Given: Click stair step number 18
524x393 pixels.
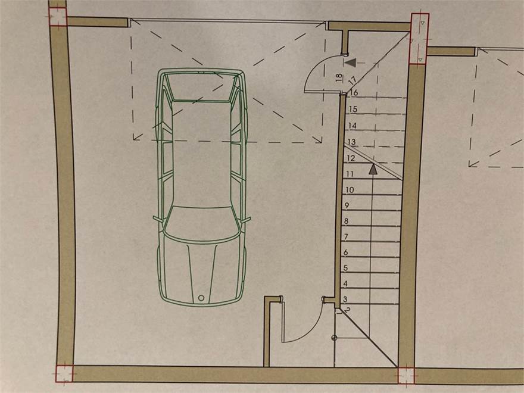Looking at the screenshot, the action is (339, 78).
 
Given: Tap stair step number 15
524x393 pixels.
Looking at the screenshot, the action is (353, 109).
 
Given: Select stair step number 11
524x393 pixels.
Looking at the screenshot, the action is (350, 174).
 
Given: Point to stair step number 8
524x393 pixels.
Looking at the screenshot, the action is (346, 221).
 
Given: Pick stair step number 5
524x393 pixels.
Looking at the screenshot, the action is (345, 268).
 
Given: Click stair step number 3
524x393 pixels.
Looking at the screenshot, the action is (345, 299).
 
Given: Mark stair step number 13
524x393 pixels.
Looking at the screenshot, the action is (351, 142).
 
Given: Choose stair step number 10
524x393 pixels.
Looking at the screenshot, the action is (350, 190).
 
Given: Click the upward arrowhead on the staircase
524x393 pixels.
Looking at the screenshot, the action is (373, 169).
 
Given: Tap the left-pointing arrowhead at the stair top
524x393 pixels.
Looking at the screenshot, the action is (350, 63).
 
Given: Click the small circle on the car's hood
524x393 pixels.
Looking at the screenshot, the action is (201, 297).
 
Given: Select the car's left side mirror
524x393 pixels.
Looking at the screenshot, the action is (158, 219).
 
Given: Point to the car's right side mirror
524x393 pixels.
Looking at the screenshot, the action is (245, 220).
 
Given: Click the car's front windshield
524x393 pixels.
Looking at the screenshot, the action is (202, 224).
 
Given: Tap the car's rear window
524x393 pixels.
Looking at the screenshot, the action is (201, 88).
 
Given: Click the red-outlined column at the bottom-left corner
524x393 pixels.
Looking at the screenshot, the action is (64, 373).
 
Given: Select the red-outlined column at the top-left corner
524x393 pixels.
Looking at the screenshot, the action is (58, 17).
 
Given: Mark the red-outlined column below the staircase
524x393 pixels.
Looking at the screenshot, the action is (406, 376).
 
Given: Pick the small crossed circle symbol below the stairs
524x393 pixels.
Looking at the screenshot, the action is (334, 338).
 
